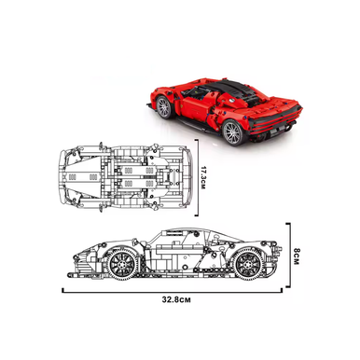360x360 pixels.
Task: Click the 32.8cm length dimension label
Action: [176, 300]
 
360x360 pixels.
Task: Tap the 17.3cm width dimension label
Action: [203, 178]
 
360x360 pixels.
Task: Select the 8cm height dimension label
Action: [296, 256]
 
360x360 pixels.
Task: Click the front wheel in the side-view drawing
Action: [122, 264]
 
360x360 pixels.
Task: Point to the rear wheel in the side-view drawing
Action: [248, 264]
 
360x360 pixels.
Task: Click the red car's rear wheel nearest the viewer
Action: [233, 132]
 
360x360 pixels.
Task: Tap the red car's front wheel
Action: [164, 107]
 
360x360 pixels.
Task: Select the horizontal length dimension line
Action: [172, 292]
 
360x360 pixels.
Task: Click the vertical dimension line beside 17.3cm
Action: [197, 178]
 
